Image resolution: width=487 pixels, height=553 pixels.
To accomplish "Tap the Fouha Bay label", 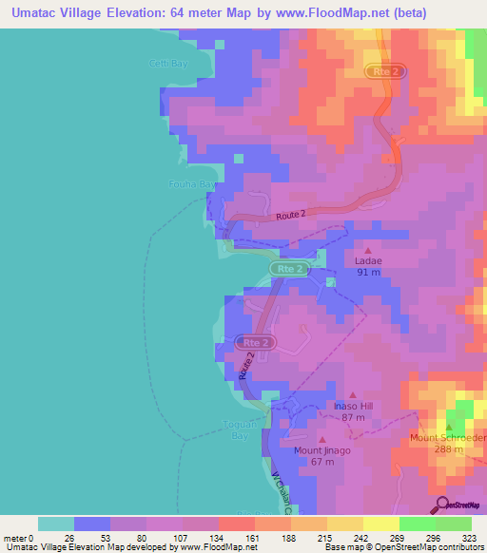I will [x=189, y=184].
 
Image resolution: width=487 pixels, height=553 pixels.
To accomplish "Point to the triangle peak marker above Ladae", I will [x=368, y=249].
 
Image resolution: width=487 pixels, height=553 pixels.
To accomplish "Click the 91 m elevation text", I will [x=368, y=273].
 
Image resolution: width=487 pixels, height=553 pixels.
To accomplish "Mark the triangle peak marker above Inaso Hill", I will [x=352, y=394].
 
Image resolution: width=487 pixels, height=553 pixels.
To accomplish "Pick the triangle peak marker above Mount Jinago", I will [x=321, y=439].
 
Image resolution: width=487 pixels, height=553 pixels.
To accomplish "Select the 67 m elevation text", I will [x=321, y=463].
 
